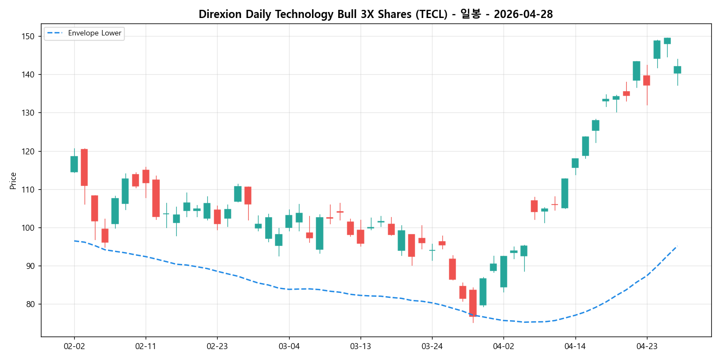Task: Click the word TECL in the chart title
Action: (428, 15)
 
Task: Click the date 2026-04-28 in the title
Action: (523, 15)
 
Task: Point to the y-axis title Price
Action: (13, 181)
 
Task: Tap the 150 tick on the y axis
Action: (28, 37)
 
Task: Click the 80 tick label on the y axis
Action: (30, 304)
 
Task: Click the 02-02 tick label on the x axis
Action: (74, 346)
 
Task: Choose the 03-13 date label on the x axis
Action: (361, 346)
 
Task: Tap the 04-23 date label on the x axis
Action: (647, 346)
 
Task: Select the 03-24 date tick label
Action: (432, 346)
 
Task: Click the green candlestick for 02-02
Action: (74, 164)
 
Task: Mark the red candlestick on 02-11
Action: (146, 176)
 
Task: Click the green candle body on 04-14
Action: (575, 163)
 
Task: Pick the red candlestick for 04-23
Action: (646, 80)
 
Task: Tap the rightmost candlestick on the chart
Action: (677, 70)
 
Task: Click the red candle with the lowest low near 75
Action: (473, 303)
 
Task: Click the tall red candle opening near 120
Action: (85, 167)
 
